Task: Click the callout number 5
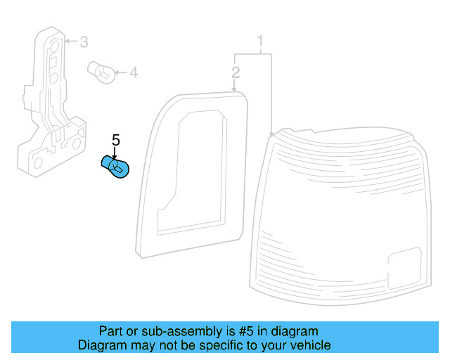[115, 140]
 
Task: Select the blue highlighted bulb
[115, 167]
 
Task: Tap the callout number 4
[134, 72]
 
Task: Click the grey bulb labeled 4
[101, 72]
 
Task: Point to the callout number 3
[84, 42]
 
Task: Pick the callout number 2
[236, 72]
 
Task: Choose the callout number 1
[260, 41]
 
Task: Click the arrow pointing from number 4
[121, 72]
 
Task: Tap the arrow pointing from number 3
[71, 41]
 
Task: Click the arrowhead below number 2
[234, 89]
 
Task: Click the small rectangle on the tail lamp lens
[405, 268]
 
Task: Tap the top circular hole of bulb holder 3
[55, 46]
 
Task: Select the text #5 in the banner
[246, 331]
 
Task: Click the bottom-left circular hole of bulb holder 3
[38, 163]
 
